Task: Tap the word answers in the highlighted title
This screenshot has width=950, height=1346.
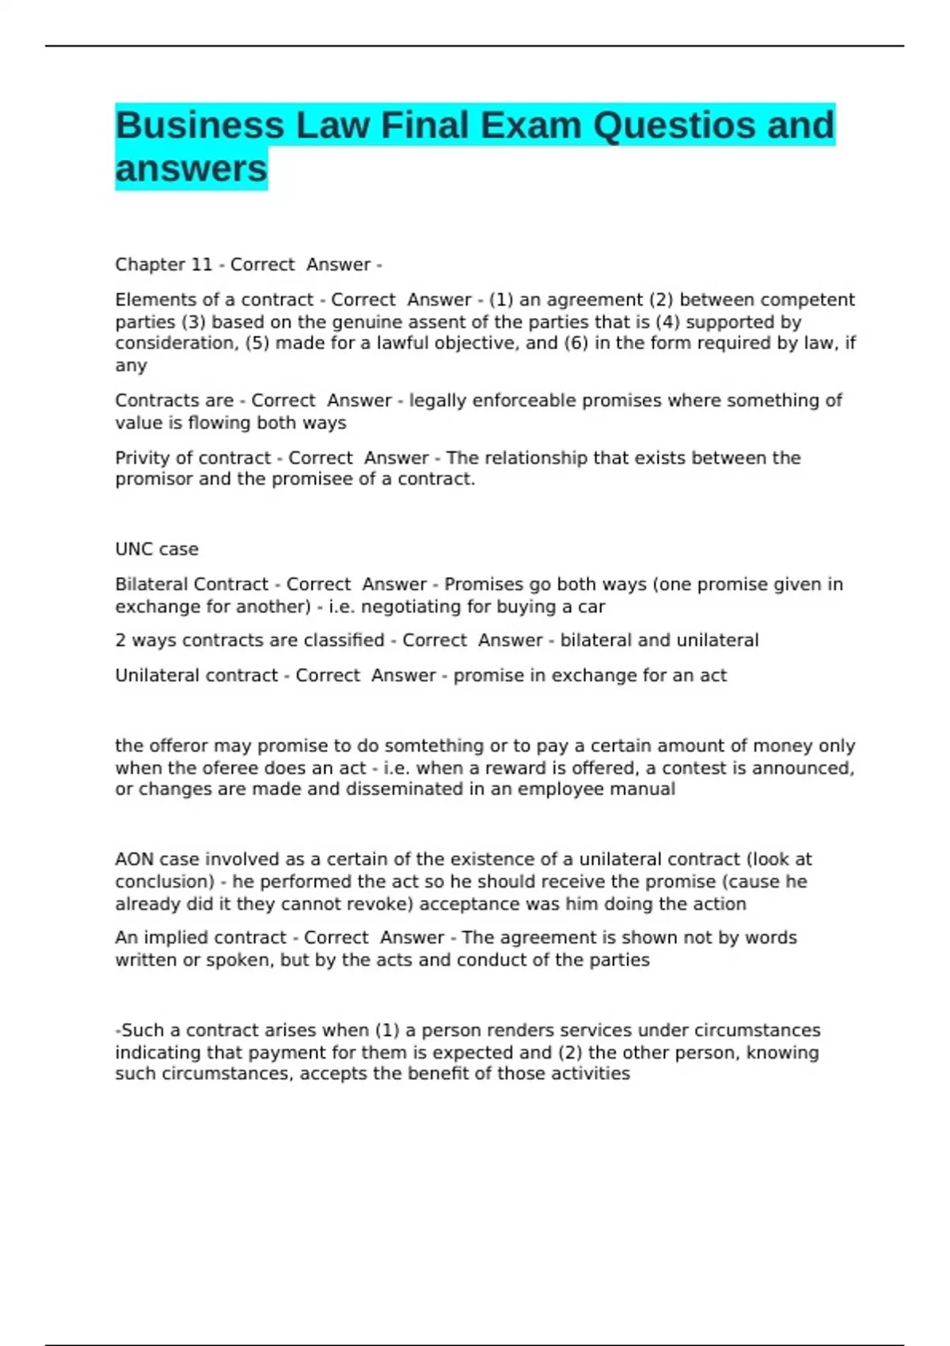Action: pos(192,169)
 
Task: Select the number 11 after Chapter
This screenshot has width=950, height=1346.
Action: pos(202,264)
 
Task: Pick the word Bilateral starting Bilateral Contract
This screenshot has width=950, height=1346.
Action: pos(152,584)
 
